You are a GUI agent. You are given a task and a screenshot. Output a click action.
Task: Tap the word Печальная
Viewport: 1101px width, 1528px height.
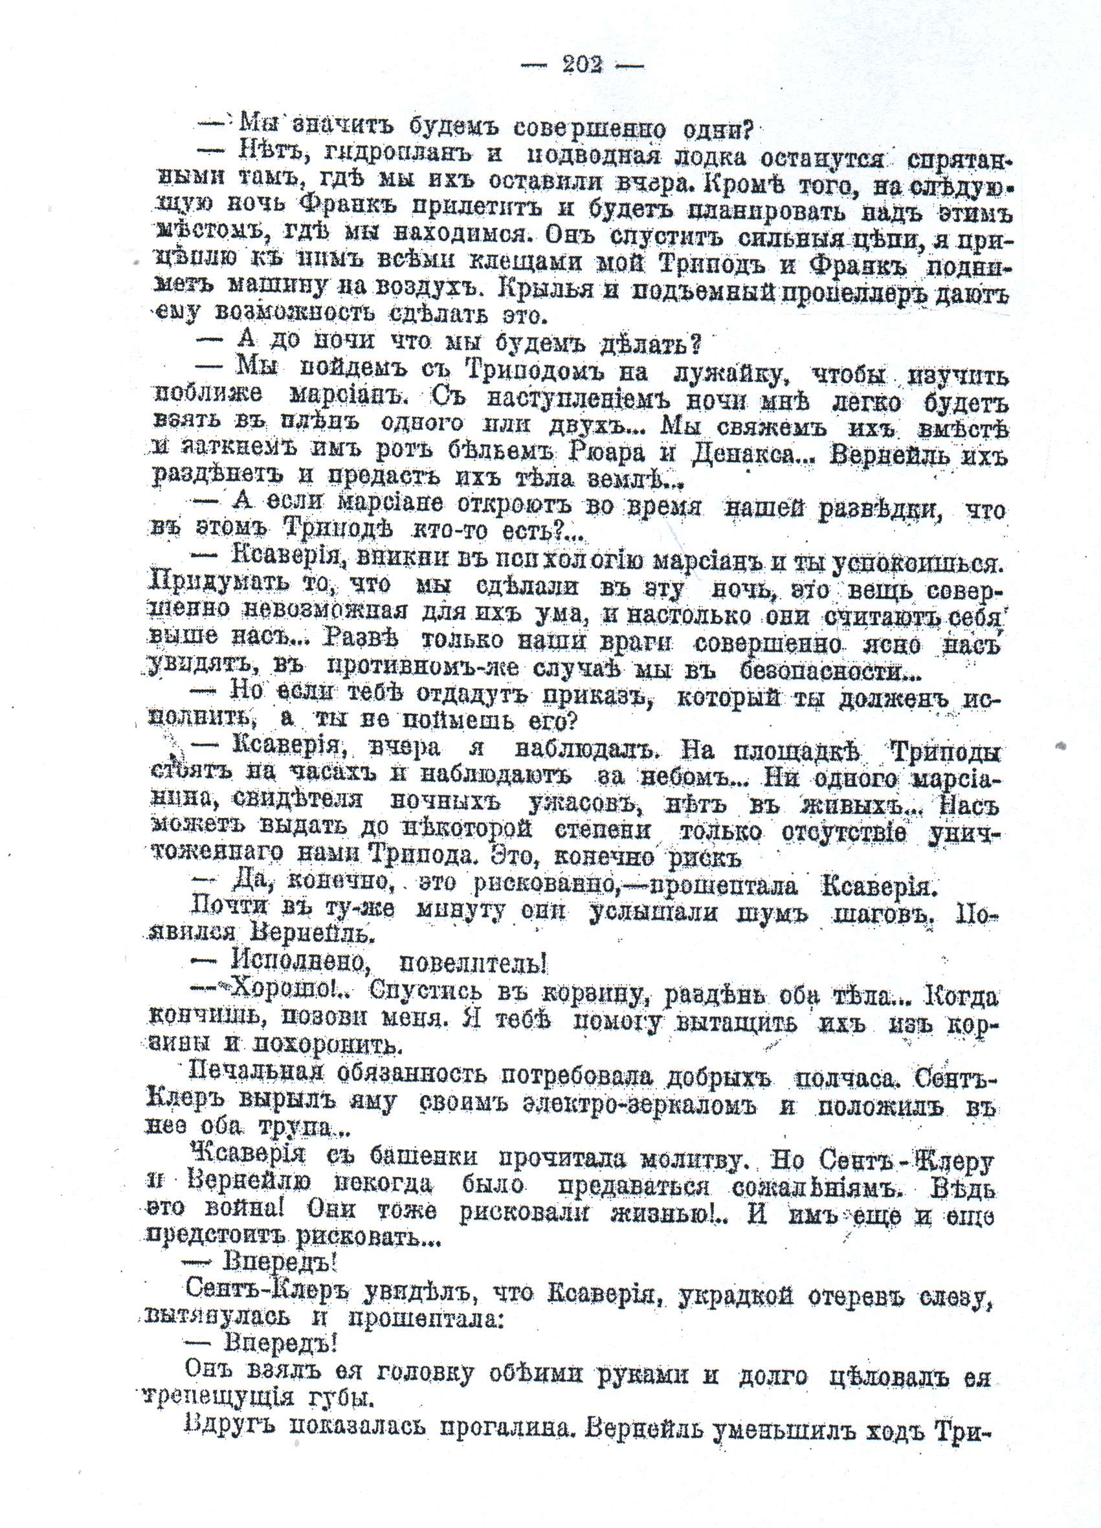(x=257, y=1076)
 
